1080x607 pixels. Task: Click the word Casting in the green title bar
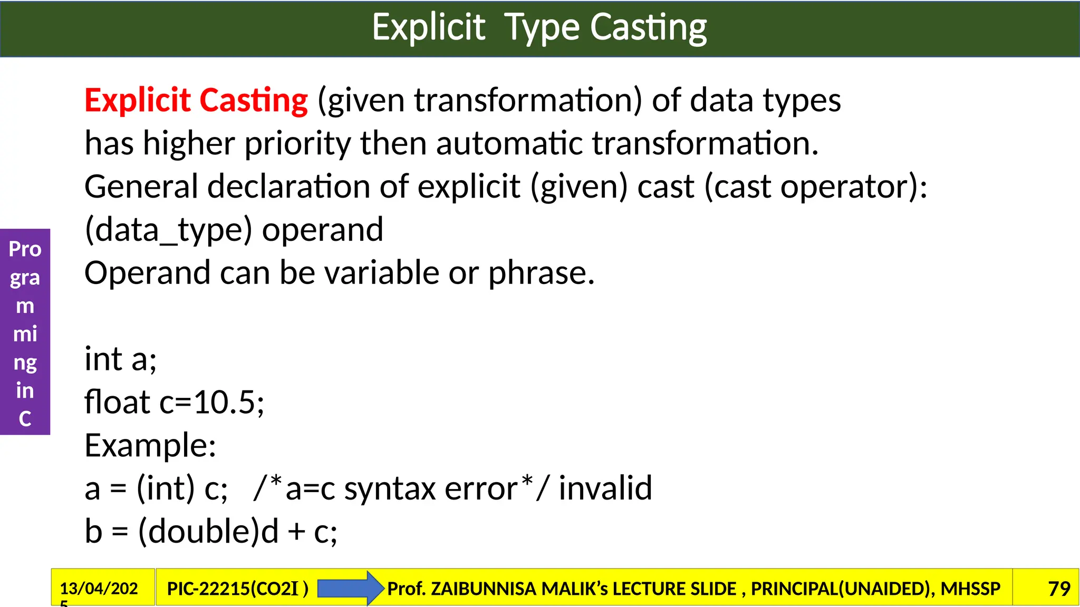coord(648,28)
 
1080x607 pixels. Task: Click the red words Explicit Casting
coord(196,100)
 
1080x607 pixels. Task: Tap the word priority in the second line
coord(297,143)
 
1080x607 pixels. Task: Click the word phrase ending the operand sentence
coord(541,273)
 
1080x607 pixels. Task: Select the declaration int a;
coord(121,359)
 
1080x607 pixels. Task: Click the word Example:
coord(150,446)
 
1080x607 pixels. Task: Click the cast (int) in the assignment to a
coord(166,488)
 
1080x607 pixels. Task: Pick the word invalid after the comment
coord(605,488)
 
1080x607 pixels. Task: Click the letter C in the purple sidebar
coord(25,419)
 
